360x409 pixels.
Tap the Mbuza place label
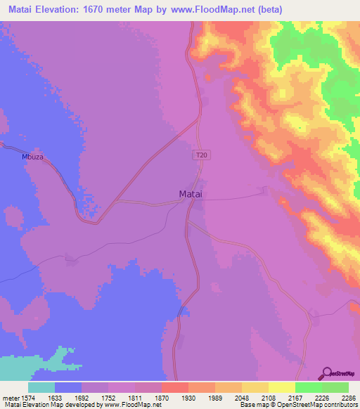click(32, 157)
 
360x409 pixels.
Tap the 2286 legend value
click(349, 396)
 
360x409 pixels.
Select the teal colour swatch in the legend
click(41, 387)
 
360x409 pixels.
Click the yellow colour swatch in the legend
click(281, 387)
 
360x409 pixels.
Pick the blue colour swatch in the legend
click(68, 387)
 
